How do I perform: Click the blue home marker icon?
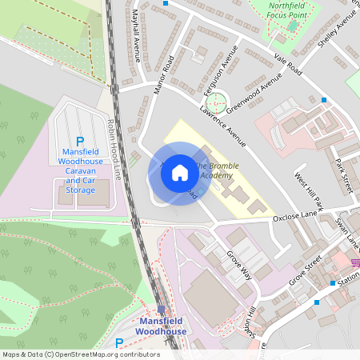click(180, 173)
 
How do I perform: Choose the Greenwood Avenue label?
click(254, 94)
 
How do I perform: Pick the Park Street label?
click(343, 174)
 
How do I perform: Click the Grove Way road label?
click(238, 263)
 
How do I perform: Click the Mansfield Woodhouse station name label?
click(161, 326)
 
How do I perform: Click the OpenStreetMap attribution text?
click(81, 354)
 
